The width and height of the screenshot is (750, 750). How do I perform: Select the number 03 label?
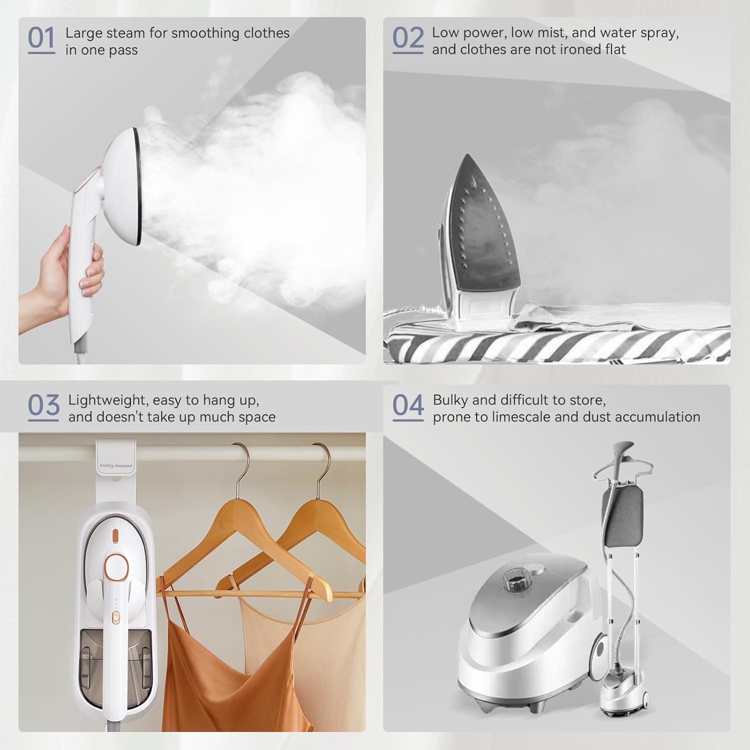(x=43, y=405)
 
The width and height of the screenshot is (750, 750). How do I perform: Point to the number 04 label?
(x=407, y=405)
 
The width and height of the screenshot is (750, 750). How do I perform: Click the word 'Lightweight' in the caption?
(x=105, y=400)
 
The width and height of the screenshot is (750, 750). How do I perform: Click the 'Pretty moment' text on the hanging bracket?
(x=116, y=466)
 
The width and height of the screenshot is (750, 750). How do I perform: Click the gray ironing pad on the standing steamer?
(x=622, y=512)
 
